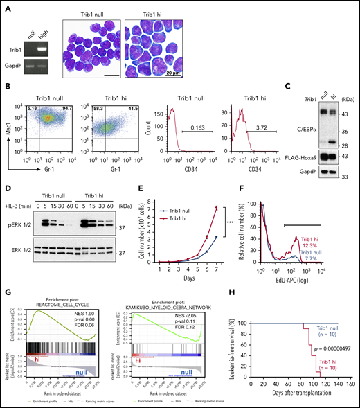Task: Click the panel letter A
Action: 6,6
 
